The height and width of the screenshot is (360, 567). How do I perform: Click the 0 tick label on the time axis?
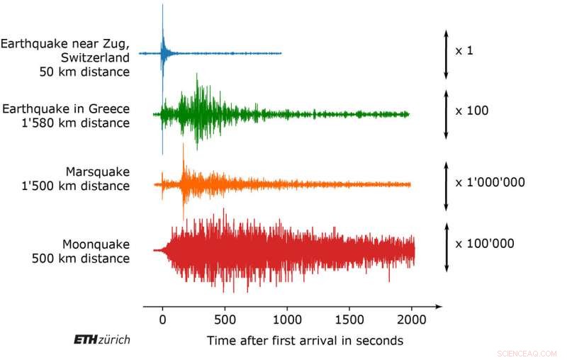(162, 320)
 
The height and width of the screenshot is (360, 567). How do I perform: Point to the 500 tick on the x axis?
(225, 320)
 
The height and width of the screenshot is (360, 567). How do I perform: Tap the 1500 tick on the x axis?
(349, 320)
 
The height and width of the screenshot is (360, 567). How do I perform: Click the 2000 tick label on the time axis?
(412, 320)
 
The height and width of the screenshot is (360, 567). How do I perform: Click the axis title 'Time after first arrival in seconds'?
(305, 341)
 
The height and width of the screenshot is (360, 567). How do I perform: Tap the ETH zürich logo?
(101, 340)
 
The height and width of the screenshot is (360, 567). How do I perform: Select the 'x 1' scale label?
(465, 51)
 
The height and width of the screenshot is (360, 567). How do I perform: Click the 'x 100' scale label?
(472, 111)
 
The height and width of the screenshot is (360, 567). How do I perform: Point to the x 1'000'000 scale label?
(490, 182)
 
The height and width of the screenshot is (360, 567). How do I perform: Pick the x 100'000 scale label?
(485, 244)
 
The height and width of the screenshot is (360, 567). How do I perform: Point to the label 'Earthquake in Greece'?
(66, 108)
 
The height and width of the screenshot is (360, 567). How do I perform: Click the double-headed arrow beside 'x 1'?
(446, 54)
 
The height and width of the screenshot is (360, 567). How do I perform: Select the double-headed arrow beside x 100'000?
(446, 247)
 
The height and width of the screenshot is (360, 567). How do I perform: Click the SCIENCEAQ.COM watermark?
(524, 352)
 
